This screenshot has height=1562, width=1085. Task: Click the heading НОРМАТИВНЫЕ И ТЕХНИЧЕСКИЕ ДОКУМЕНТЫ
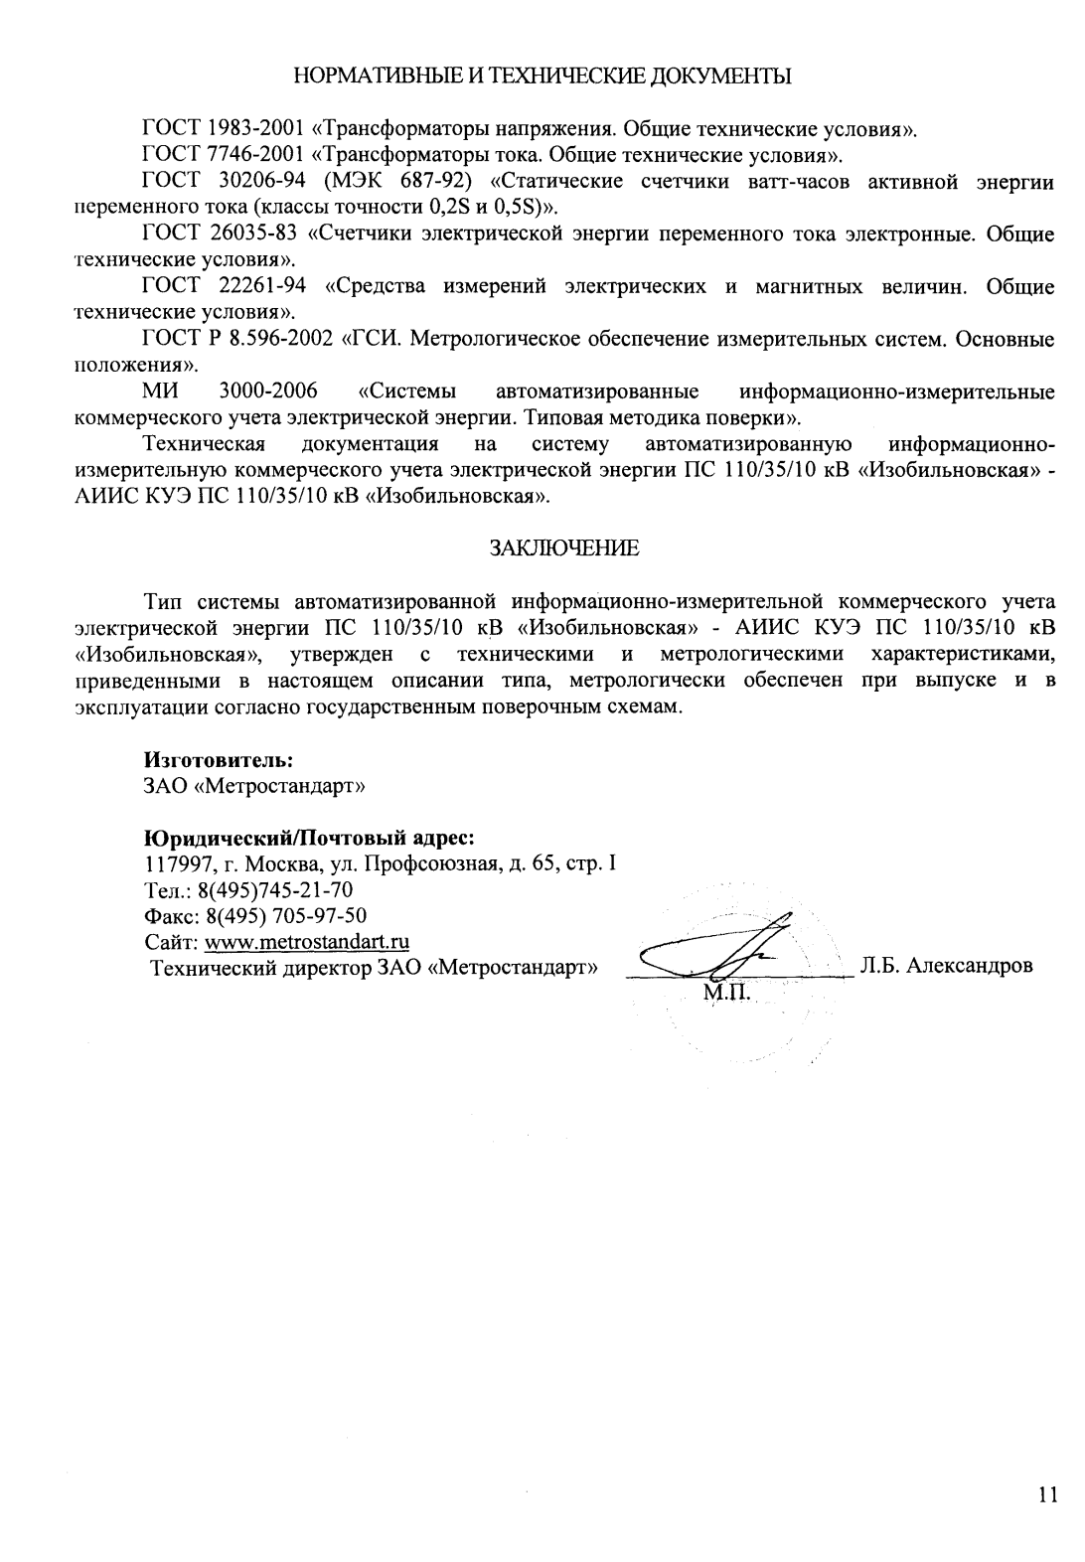(542, 77)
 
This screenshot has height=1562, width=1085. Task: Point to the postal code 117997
(176, 862)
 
